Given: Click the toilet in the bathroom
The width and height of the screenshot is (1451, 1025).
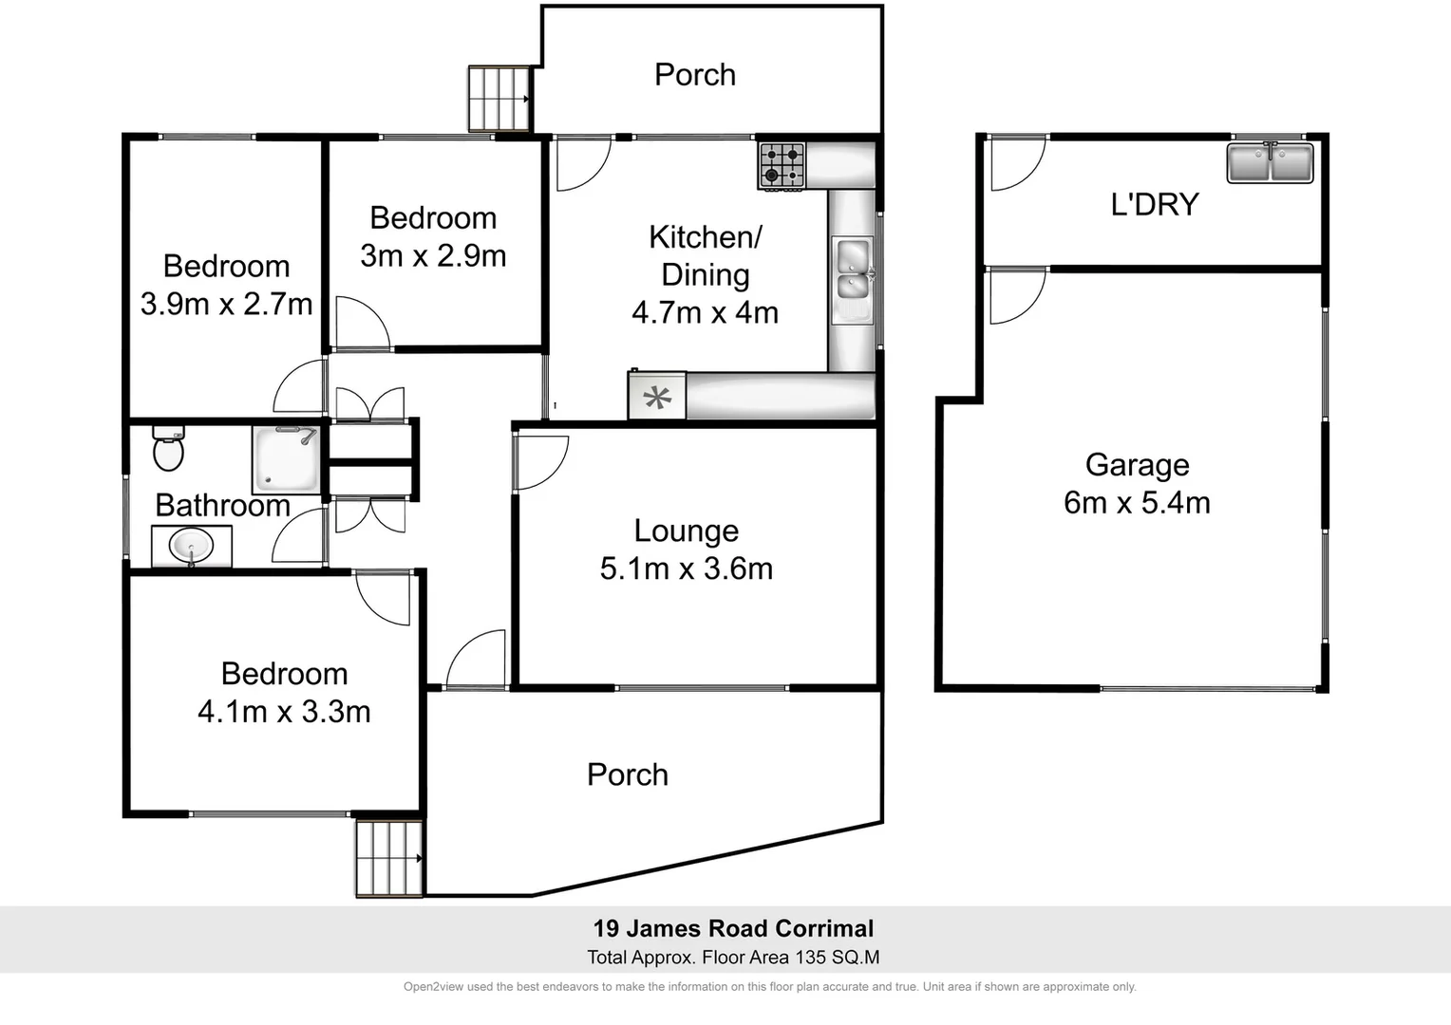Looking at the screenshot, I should click(168, 450).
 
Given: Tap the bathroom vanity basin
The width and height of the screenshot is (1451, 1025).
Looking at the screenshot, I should click(191, 547).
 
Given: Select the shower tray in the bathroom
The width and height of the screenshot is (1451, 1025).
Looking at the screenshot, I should click(285, 459).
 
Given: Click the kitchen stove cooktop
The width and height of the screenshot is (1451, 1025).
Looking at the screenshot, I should click(782, 165).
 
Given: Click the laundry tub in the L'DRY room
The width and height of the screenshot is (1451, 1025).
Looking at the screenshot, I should click(1270, 162).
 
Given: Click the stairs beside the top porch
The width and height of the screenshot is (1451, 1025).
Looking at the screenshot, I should click(499, 99).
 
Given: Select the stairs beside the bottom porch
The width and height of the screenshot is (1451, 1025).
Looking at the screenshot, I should click(388, 858).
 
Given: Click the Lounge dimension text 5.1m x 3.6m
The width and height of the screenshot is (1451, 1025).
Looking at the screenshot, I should click(686, 568).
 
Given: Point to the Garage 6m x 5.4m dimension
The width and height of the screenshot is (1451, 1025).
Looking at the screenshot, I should click(1137, 502).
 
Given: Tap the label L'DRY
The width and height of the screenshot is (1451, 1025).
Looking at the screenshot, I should click(1155, 204).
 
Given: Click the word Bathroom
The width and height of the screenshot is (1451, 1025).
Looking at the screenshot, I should click(222, 505).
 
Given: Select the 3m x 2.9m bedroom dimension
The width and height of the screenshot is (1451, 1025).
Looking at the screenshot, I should click(433, 255).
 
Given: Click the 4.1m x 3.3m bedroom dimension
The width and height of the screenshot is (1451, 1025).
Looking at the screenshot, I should click(284, 711).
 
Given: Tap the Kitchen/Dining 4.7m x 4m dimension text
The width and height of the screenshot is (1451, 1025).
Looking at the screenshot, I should click(705, 312).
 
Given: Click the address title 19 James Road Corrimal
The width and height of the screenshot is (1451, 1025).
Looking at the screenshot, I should click(733, 928).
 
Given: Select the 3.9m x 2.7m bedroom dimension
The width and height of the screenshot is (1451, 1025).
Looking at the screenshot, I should click(226, 304).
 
